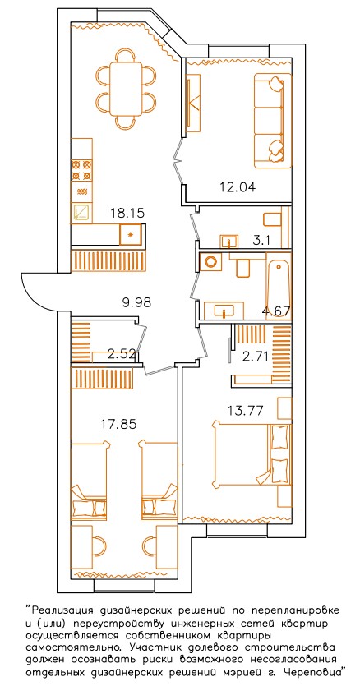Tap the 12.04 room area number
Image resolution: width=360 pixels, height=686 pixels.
(237, 187)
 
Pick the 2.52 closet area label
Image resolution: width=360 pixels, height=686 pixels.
(122, 353)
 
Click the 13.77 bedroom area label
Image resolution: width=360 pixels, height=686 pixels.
(245, 411)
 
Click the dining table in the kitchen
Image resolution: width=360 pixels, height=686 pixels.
(126, 88)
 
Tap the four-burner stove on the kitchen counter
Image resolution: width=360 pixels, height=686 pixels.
(82, 171)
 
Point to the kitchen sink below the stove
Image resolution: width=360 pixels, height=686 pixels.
(82, 213)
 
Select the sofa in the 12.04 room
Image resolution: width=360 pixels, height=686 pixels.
(272, 120)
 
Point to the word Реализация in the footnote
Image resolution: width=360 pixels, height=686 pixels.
(62, 610)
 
